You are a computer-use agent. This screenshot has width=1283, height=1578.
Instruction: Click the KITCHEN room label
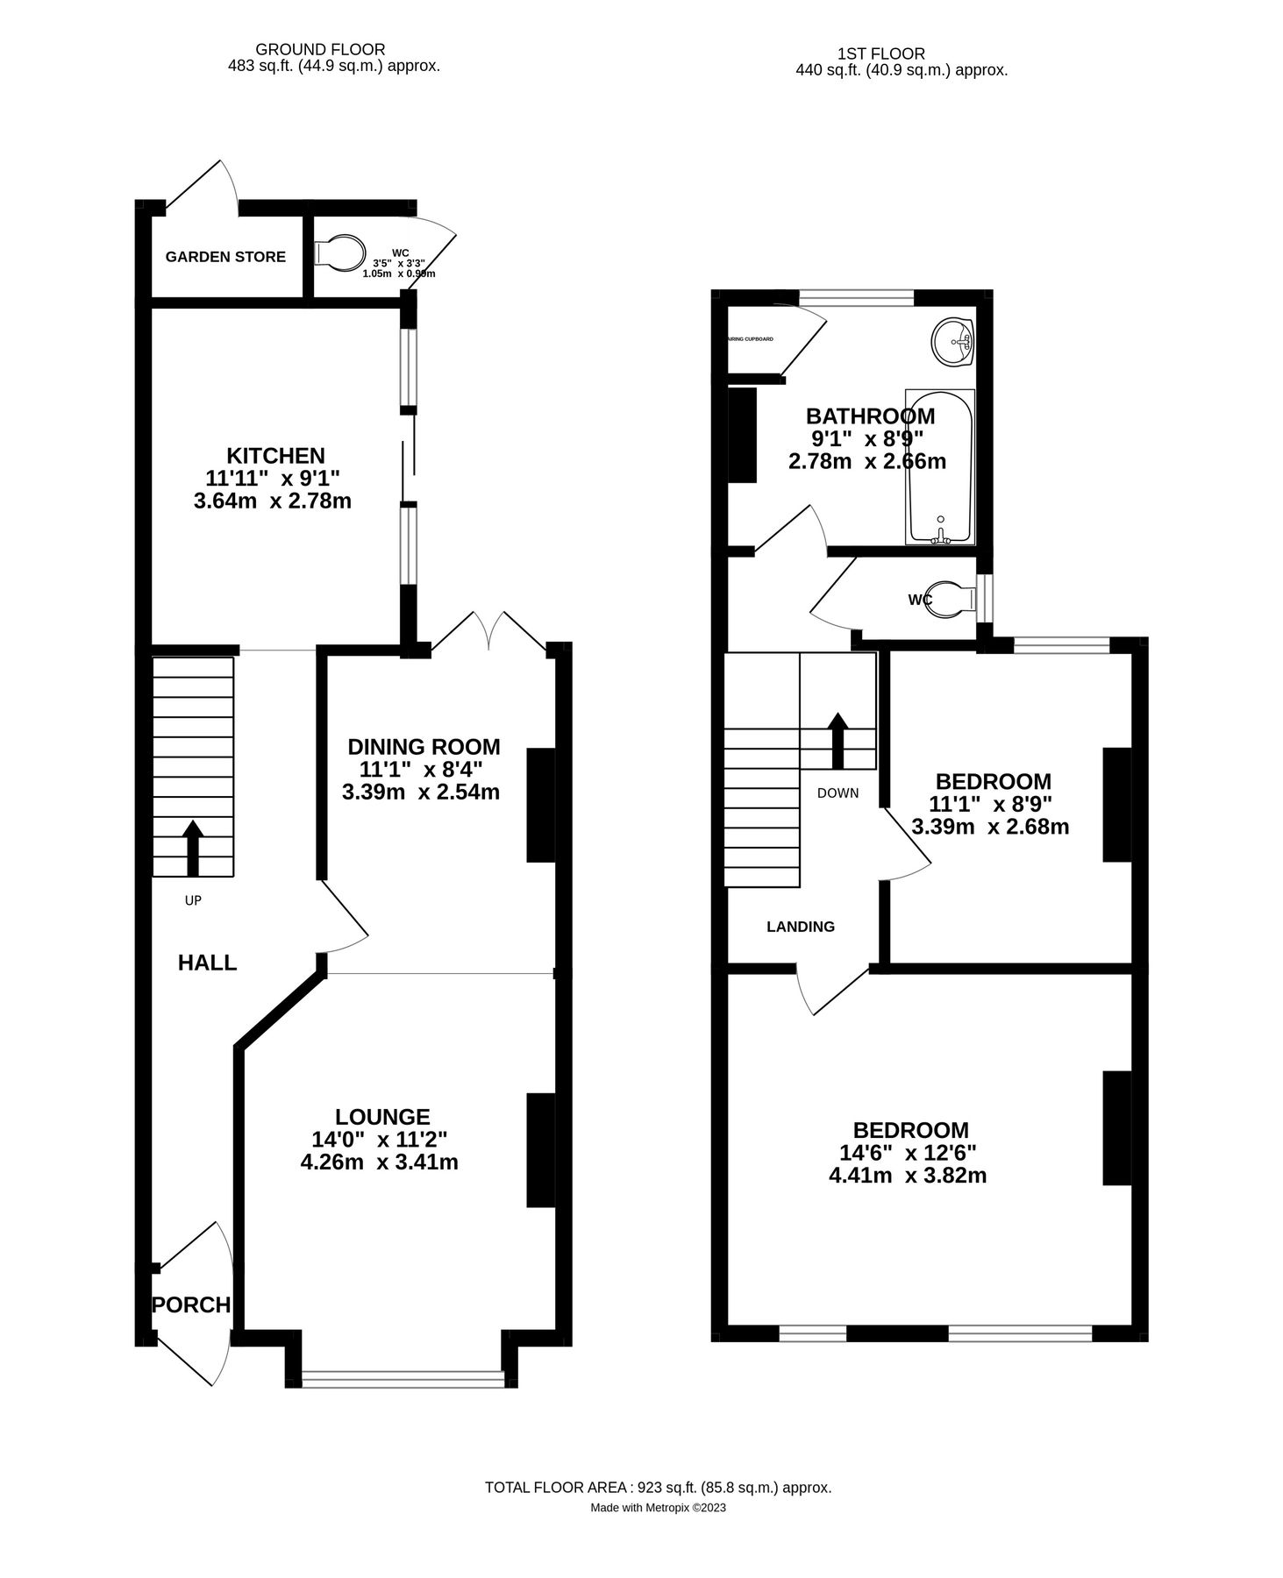tap(275, 456)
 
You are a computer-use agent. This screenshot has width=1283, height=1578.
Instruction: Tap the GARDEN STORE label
tap(225, 257)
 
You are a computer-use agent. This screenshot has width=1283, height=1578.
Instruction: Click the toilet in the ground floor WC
tap(340, 252)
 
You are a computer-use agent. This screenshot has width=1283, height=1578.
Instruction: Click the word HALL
tap(207, 963)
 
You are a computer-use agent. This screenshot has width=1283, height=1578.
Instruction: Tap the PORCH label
tap(191, 1304)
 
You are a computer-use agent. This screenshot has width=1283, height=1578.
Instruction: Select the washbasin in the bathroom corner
tap(952, 341)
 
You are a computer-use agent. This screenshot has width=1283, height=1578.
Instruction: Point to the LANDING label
tap(800, 927)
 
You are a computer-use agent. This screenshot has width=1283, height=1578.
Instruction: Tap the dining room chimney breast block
tap(540, 805)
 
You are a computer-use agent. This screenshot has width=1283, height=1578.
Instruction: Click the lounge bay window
tap(403, 1379)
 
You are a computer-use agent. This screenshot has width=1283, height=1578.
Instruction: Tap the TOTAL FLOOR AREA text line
tap(658, 1488)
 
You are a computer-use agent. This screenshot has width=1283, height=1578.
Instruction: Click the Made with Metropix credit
tap(658, 1509)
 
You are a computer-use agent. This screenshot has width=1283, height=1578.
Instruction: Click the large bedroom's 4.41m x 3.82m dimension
tap(908, 1176)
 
